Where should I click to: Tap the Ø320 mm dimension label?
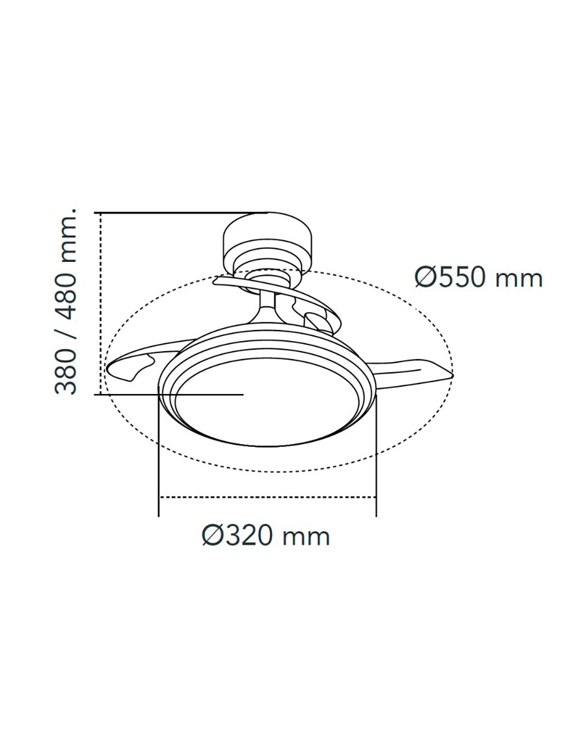point(266,535)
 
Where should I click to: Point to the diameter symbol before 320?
point(212,535)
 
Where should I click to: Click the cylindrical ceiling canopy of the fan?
point(267,242)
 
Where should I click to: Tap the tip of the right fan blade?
point(452,374)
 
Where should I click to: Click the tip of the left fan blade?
point(107,369)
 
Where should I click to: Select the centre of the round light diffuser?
point(267,403)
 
